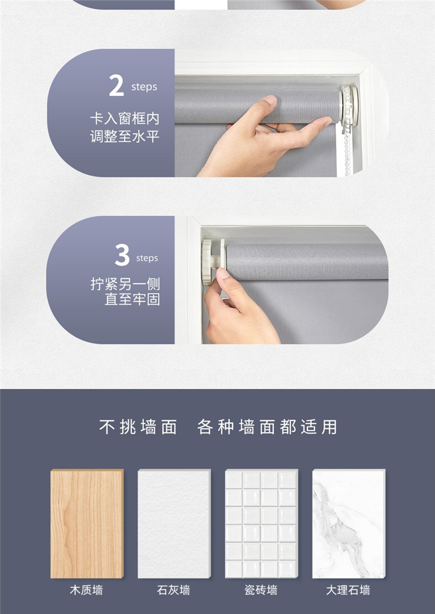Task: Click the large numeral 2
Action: pos(116,85)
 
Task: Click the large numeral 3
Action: pos(122,255)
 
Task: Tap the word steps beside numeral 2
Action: pos(144,87)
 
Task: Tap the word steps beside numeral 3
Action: pos(147,258)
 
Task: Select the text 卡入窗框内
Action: pos(125,118)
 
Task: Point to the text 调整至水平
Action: pos(125,136)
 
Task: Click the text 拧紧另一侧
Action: pos(125,284)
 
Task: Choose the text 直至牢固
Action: pos(132,299)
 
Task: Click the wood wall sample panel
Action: pos(87,523)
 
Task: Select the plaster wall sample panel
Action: pos(175,523)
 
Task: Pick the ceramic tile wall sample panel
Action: pos(262,523)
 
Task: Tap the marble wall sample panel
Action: pos(349,523)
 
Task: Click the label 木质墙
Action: pos(86,590)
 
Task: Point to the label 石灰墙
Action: pos(173,590)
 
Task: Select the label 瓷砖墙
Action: pos(261,590)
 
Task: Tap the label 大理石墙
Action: pos(348,590)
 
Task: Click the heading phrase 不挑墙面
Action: pos(138,427)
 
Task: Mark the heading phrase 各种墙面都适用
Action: pos(267,427)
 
